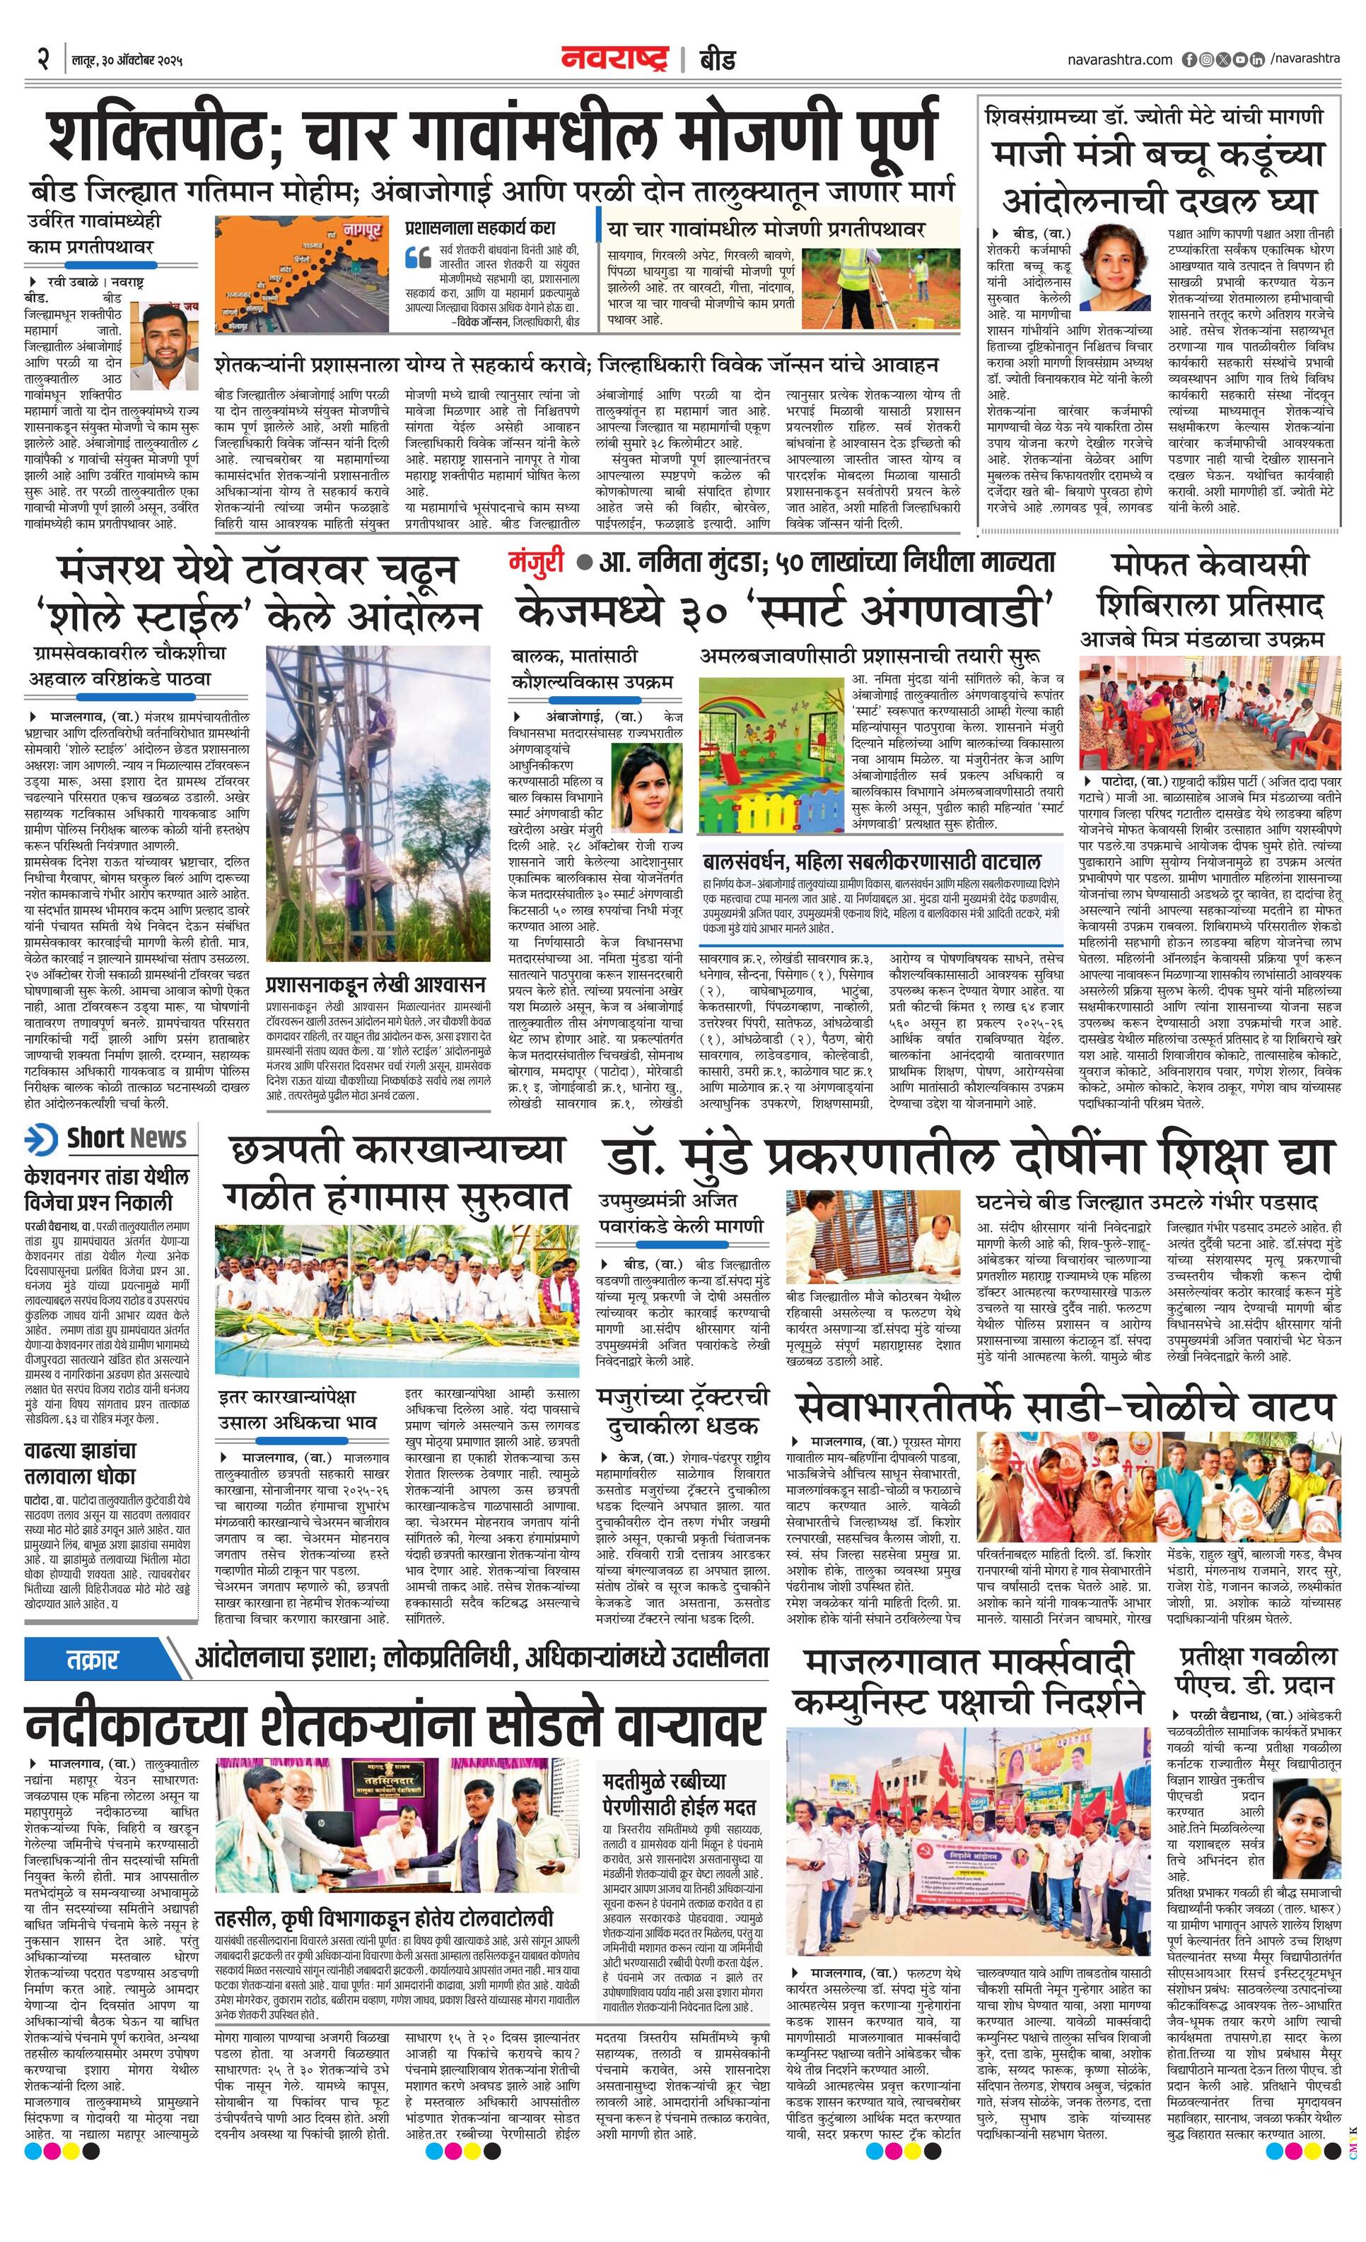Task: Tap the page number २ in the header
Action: [42, 60]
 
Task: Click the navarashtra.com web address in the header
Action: [1119, 59]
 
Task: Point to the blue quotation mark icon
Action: [418, 256]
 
